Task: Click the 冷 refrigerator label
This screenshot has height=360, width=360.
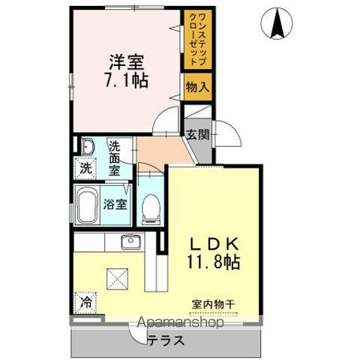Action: (x=86, y=303)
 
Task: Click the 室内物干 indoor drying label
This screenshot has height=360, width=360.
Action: (x=213, y=304)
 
